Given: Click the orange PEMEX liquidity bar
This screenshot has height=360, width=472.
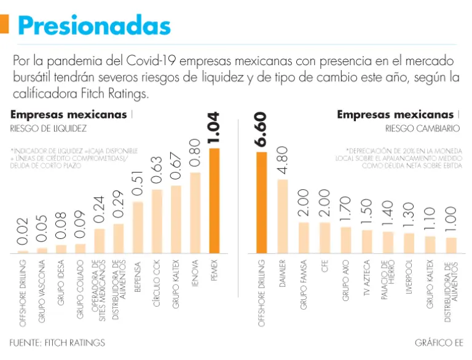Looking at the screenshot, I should [x=214, y=201].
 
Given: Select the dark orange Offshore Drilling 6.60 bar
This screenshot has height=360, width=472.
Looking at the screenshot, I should [x=261, y=203].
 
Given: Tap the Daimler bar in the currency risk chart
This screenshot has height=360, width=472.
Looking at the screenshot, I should [x=283, y=216].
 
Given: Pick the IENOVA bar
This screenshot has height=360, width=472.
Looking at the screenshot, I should [x=195, y=213].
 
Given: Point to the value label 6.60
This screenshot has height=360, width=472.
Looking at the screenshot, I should [x=261, y=130].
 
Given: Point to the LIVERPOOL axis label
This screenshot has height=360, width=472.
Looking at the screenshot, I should [x=409, y=281].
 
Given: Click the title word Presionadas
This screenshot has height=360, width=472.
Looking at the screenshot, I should [x=94, y=26].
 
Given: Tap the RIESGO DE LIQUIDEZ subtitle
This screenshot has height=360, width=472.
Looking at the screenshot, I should [x=47, y=129].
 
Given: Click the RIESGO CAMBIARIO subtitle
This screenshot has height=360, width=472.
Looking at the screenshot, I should [x=422, y=129].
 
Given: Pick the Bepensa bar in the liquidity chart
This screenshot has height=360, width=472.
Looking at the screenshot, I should [x=138, y=227].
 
